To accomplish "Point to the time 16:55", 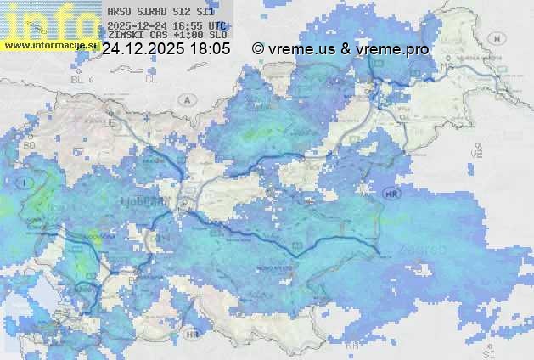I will (x=188, y=25).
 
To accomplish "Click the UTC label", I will (x=216, y=25).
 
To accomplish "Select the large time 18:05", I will (x=210, y=49).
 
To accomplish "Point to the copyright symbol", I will (x=258, y=49).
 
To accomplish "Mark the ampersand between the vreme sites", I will (x=346, y=49).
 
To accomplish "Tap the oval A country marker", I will (x=186, y=99).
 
